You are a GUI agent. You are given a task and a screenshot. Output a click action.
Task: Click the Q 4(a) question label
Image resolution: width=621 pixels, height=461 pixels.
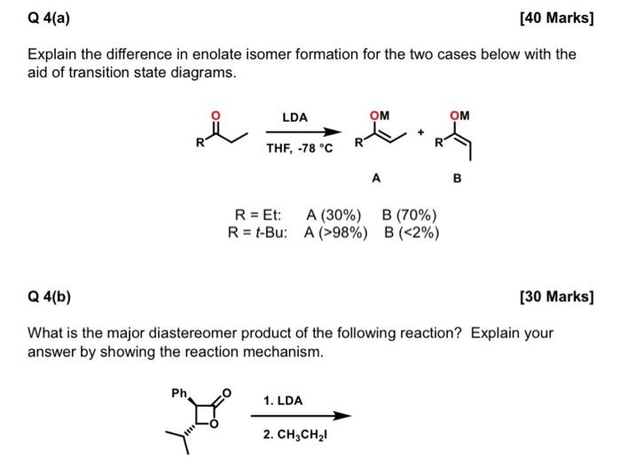tap(50, 18)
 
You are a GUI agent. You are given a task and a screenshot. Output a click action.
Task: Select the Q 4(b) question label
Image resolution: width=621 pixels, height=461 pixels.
tap(51, 296)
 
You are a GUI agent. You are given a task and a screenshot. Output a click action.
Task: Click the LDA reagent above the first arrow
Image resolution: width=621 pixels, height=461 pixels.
tap(295, 117)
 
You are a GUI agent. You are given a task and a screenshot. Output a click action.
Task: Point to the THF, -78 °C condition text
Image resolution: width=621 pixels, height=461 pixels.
tap(300, 148)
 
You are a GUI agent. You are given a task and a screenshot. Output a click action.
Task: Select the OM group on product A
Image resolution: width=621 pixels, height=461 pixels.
tap(379, 114)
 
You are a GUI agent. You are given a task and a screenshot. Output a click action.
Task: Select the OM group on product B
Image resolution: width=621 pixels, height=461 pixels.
tap(460, 114)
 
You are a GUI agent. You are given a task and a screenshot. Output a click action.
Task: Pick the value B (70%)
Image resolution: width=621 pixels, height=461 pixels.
tap(409, 215)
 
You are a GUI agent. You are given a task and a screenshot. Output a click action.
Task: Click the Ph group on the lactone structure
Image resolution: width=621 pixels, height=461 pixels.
tap(179, 393)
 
